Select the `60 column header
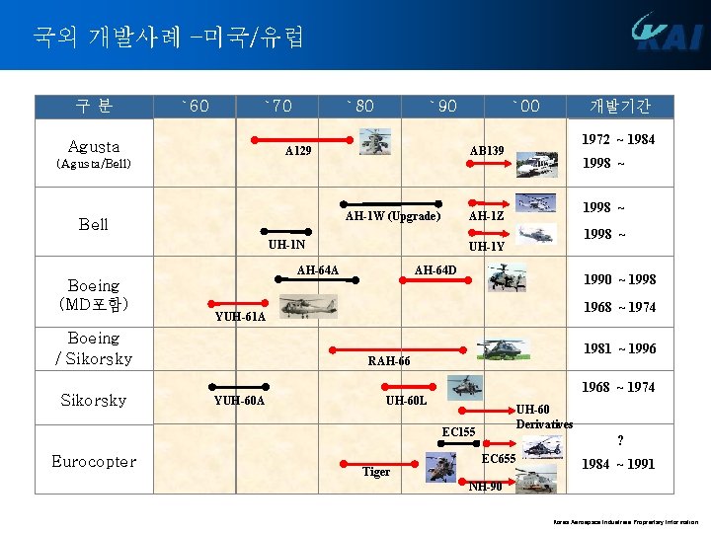tap(195, 106)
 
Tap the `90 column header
tap(442, 106)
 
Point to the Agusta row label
tap(94, 146)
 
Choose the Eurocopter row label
tap(94, 461)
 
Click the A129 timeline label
tap(298, 152)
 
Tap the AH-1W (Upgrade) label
tap(392, 217)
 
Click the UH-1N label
tap(287, 245)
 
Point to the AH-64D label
tap(435, 270)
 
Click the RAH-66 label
tap(388, 361)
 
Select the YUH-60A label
tap(239, 400)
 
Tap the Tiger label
tap(376, 472)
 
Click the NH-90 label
tap(486, 486)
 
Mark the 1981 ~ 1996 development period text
tap(618, 348)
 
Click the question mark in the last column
tap(619, 440)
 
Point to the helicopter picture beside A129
tap(374, 141)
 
